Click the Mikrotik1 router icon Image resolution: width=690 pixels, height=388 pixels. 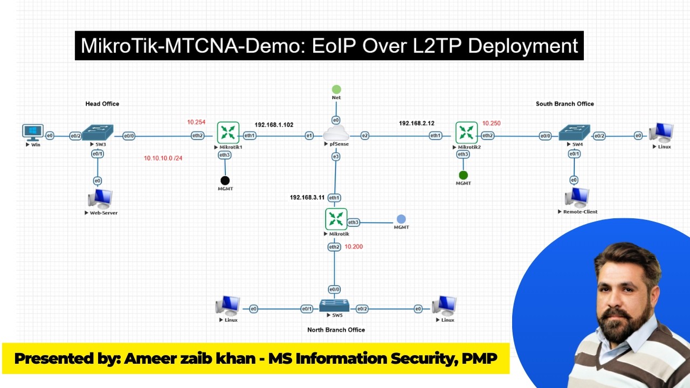pos(228,133)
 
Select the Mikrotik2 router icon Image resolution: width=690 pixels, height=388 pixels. pos(466,133)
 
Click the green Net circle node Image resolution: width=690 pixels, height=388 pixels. pos(336,89)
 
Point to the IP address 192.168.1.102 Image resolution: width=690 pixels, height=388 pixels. pos(274,124)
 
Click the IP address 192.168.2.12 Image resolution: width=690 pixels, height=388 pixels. pos(417,123)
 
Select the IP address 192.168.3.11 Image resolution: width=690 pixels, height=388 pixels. pos(307,198)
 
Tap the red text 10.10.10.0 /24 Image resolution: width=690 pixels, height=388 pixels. pos(163,158)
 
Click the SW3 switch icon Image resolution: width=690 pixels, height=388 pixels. pos(98,133)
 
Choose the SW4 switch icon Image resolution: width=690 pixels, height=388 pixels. pos(575,133)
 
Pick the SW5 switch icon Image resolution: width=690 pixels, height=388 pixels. pos(334,306)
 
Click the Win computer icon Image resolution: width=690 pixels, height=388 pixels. pos(33,132)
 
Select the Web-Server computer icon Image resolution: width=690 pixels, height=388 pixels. pos(100,199)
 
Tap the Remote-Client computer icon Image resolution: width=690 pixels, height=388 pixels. pos(577,198)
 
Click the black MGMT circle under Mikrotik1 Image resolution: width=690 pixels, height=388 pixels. pos(225,181)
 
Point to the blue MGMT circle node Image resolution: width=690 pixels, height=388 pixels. pos(401,219)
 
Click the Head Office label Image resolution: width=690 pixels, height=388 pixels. pos(102,103)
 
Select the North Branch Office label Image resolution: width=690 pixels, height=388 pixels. pos(336,330)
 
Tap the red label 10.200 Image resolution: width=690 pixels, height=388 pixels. pos(354,247)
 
